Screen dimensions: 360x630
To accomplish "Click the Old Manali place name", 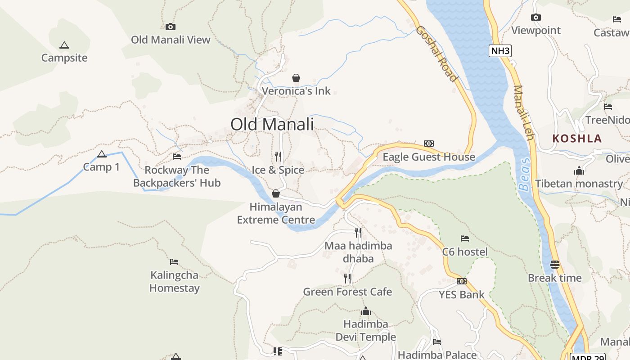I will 272,124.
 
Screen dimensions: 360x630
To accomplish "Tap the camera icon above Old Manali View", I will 171,27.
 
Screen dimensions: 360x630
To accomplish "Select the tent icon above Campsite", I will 64,45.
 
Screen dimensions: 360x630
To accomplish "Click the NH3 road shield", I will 500,50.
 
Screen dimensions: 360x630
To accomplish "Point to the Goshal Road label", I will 436,54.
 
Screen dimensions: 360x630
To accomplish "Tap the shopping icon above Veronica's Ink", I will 296,78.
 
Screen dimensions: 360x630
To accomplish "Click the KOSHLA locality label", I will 577,138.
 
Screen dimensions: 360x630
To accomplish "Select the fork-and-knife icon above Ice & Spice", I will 278,157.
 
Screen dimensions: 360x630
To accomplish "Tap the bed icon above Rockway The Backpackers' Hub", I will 177,157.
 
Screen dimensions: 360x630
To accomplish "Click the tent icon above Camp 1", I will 102,154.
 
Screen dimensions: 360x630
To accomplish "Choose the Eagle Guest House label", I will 428,157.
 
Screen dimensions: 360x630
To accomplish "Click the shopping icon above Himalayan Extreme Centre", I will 276,193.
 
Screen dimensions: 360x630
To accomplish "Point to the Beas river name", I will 524,175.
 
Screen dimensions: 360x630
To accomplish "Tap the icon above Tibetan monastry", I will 579,171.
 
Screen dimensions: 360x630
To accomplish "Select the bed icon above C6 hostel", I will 465,238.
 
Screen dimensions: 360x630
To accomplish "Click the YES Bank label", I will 462,295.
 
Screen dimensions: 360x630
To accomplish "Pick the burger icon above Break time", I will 554,264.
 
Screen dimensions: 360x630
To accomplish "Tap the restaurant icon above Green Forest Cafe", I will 347,279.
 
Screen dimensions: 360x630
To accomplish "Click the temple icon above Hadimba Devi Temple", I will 365,311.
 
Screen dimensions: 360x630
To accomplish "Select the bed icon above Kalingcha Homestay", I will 174,261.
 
